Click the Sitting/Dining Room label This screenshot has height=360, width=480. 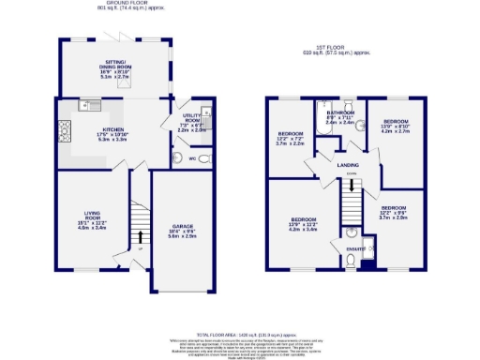pos(116,67)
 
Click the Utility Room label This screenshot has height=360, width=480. pos(192,124)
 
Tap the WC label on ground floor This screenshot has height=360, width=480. pos(192,158)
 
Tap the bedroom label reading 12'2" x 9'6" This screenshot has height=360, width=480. pos(394,211)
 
